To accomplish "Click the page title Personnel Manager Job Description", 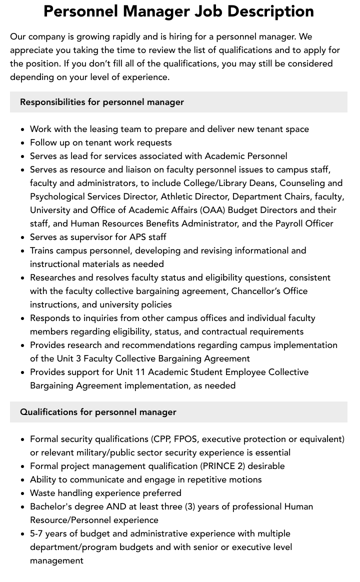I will [x=178, y=11].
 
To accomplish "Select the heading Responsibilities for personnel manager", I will [x=102, y=102].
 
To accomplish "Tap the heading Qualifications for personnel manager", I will [x=98, y=412].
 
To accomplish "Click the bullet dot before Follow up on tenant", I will [x=23, y=143].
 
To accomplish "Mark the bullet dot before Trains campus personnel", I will [x=23, y=251].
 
